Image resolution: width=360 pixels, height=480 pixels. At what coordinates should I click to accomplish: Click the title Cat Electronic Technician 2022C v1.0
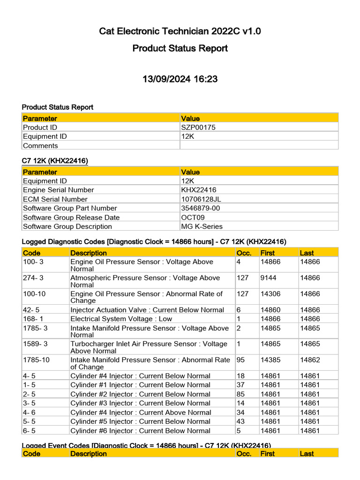[x=180, y=31]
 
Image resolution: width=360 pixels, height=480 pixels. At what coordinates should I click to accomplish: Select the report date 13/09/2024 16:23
[x=180, y=79]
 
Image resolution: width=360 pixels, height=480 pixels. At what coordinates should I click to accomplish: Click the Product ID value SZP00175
[x=198, y=127]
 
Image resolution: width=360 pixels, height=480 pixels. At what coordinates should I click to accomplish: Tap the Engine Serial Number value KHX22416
[x=199, y=190]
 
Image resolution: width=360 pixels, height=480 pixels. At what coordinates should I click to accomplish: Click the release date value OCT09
[x=192, y=217]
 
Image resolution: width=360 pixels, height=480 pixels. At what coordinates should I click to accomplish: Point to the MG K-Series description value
[x=202, y=226]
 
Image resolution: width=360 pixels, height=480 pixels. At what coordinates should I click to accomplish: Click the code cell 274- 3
[x=33, y=278]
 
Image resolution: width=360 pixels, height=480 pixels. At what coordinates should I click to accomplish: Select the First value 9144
[x=269, y=278]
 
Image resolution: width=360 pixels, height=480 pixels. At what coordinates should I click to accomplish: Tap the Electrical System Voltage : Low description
[x=121, y=319]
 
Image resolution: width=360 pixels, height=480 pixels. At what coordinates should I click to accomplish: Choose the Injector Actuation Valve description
[x=147, y=310]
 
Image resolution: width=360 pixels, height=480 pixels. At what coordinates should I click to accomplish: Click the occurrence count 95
[x=241, y=360]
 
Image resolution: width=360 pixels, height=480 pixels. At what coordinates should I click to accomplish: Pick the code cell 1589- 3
[x=35, y=344]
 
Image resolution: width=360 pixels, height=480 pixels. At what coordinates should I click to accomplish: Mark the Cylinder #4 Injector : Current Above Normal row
[x=141, y=412]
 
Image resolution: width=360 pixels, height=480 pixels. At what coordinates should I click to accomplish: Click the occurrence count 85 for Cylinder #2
[x=241, y=394]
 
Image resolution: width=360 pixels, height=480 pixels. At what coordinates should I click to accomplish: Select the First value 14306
[x=270, y=294]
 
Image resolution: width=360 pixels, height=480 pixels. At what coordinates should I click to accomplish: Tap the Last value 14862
[x=310, y=360]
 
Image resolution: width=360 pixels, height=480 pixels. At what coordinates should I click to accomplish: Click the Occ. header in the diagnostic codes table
[x=244, y=253]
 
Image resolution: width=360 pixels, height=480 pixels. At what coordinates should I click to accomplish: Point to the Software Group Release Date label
[x=71, y=217]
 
